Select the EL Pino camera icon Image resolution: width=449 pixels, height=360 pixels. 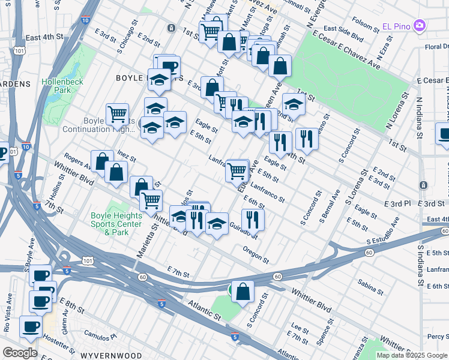(419, 26)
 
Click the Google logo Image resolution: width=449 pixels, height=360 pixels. (20, 353)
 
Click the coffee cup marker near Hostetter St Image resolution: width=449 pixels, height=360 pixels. (31, 327)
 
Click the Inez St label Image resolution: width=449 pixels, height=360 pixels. (127, 156)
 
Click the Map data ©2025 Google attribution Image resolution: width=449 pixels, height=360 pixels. (411, 355)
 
